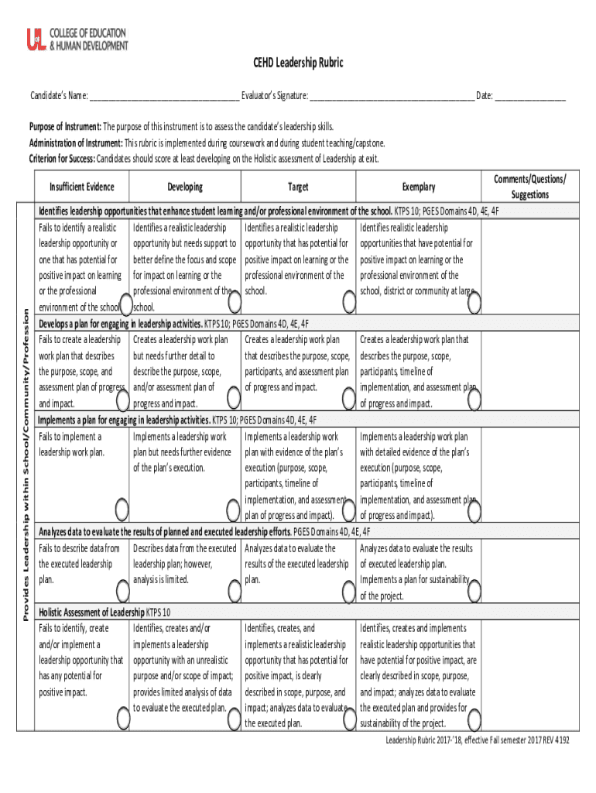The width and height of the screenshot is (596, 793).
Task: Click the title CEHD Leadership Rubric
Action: click(x=298, y=64)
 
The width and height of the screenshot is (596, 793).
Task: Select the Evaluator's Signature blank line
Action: click(x=391, y=97)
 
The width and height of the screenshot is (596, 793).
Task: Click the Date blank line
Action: click(x=530, y=97)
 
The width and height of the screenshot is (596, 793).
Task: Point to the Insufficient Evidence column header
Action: click(x=82, y=187)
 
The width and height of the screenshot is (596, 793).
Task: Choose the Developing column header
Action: click(x=185, y=187)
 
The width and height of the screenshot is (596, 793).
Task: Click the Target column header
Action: click(x=298, y=187)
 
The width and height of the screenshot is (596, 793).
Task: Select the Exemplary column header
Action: click(x=418, y=187)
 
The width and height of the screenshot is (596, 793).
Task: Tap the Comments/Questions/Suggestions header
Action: click(x=529, y=187)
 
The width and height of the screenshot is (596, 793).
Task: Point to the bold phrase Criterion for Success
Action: click(x=62, y=159)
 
